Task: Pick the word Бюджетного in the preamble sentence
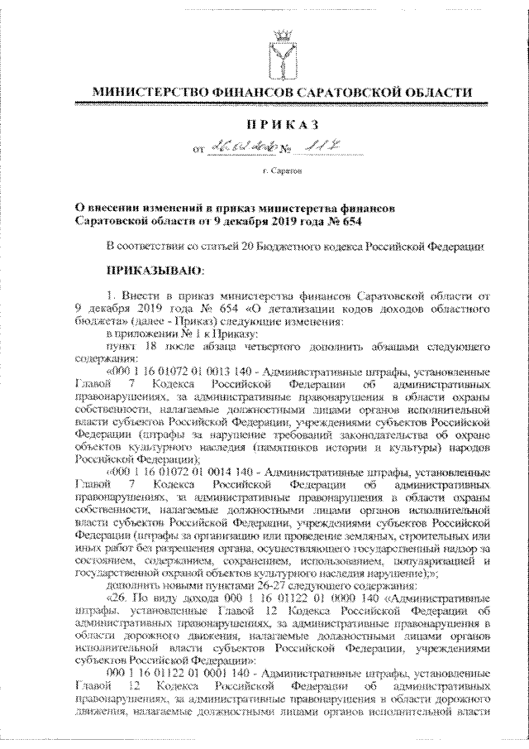288,247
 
